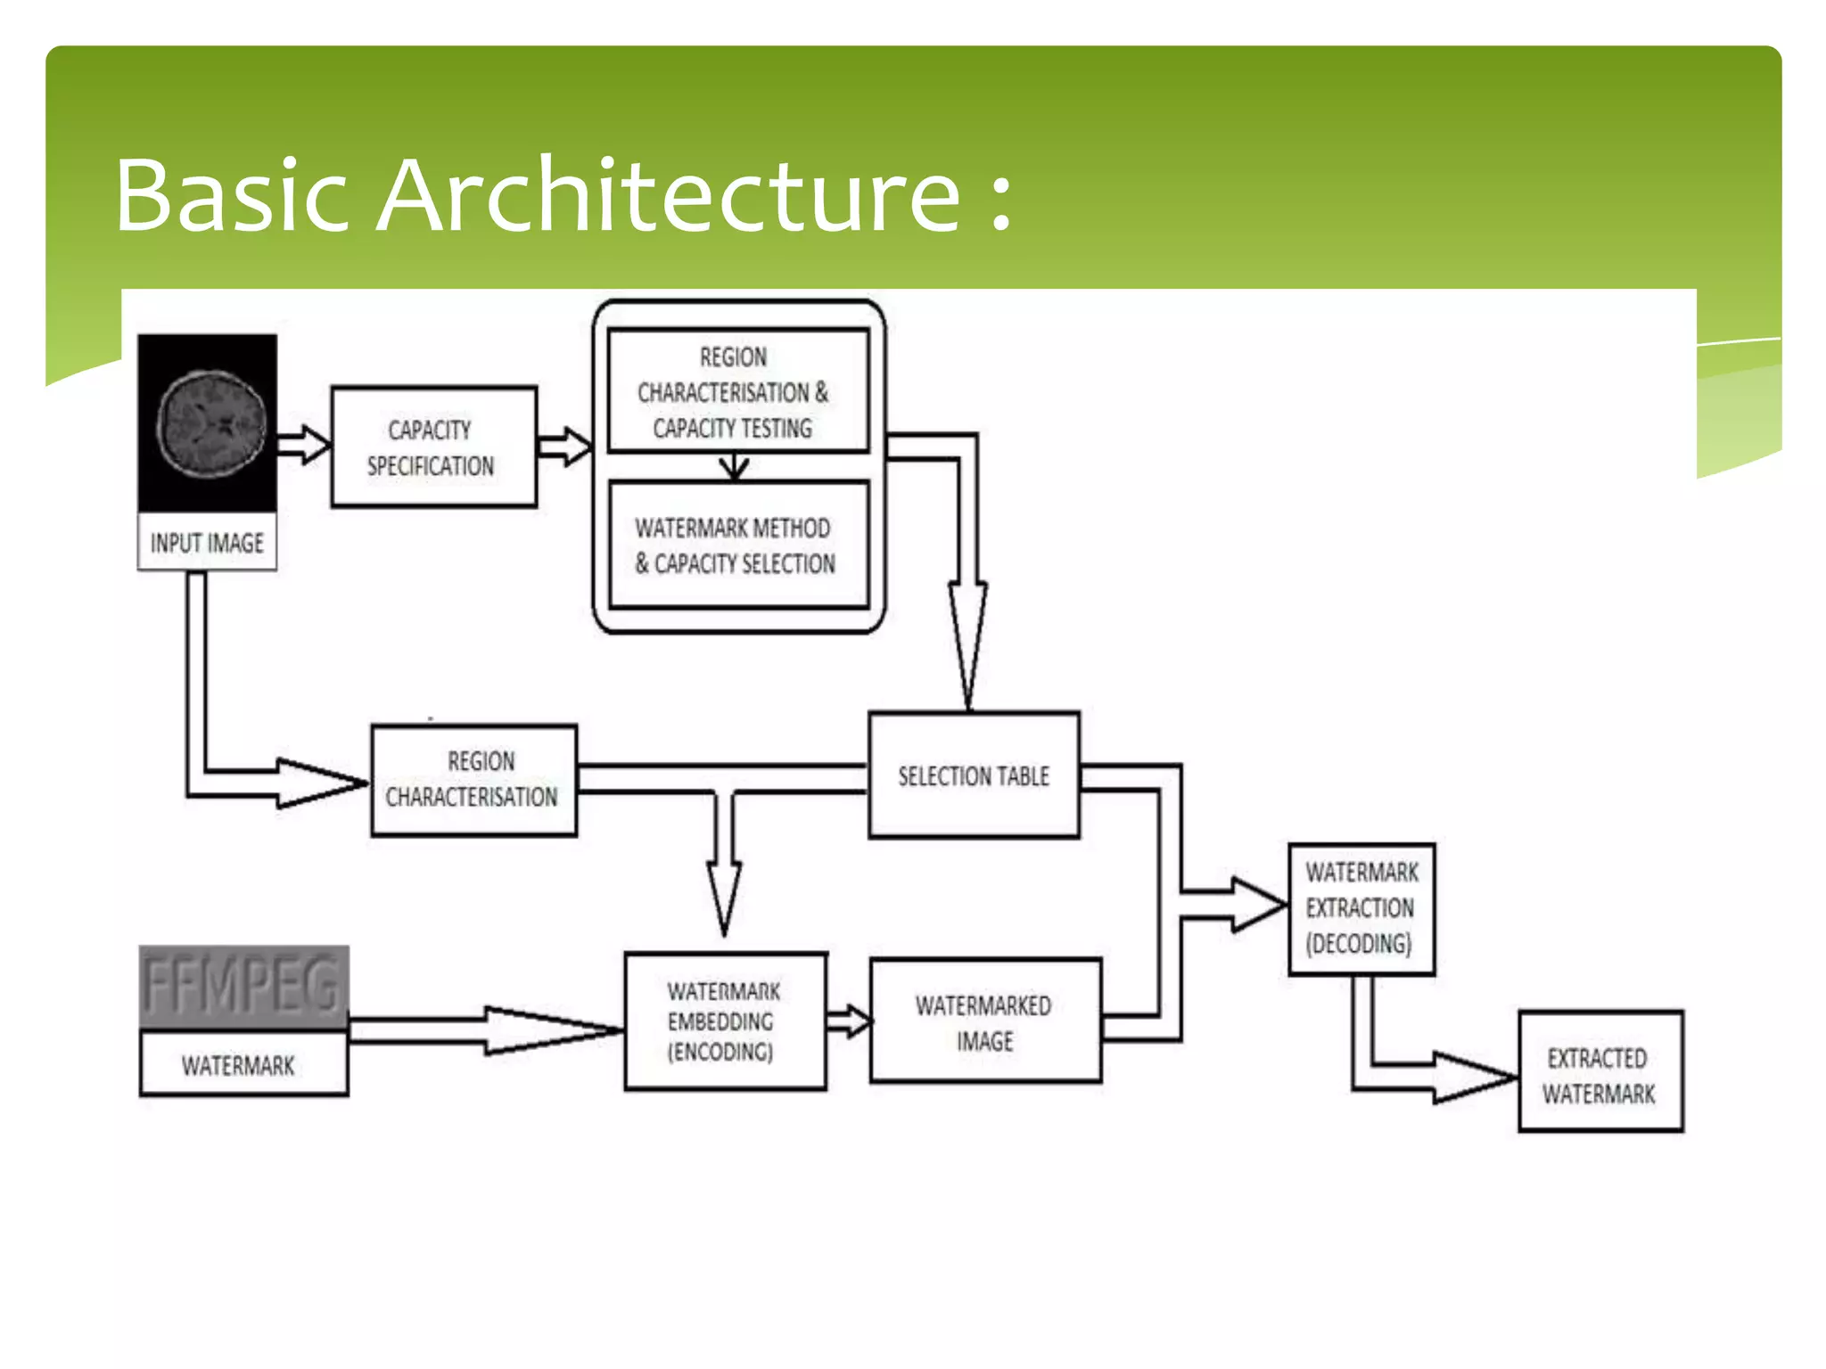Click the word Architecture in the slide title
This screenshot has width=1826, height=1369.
(x=669, y=196)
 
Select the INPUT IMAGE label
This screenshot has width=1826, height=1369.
(x=207, y=543)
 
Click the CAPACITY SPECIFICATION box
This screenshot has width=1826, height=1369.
(x=433, y=447)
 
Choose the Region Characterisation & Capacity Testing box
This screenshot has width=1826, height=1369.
(x=736, y=392)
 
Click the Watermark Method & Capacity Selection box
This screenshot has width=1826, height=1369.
(x=736, y=545)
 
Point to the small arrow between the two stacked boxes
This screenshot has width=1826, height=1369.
(x=734, y=466)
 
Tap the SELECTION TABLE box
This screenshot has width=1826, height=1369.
(x=974, y=775)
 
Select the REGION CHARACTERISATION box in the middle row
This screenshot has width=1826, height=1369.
(x=473, y=780)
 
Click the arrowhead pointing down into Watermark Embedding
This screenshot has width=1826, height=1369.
(x=724, y=896)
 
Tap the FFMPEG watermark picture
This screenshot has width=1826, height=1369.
(x=243, y=988)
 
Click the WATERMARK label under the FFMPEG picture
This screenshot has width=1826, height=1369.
(x=239, y=1065)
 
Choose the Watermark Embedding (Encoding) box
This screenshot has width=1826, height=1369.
(x=724, y=1021)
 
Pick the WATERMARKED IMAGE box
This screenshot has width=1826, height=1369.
(x=984, y=1022)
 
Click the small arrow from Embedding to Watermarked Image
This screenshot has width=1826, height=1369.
(x=848, y=1021)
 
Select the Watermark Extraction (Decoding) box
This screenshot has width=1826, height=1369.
(x=1361, y=908)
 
